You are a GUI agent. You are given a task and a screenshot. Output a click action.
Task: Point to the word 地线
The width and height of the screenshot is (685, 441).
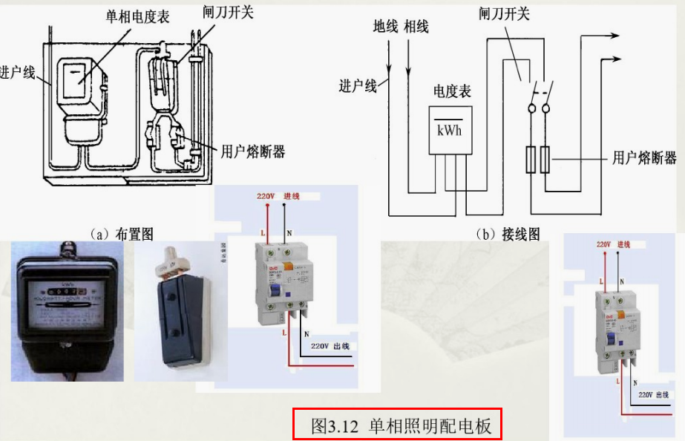(386, 27)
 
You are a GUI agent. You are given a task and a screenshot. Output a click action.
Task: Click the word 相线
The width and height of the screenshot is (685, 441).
(416, 27)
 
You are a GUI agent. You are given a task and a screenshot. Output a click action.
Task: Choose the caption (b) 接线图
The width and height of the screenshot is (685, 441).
(508, 234)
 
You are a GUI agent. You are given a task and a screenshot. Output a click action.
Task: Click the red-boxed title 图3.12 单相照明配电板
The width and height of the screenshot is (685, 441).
(397, 425)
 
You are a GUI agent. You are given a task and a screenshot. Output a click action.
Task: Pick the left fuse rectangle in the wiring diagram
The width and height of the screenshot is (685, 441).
(530, 160)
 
